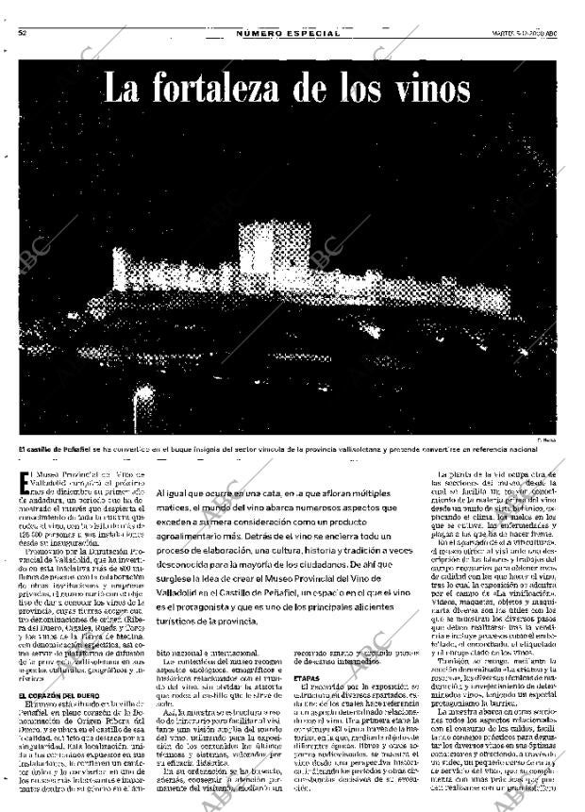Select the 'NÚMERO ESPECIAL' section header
click(288, 33)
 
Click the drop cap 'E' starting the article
click(25, 483)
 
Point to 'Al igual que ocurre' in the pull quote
click(200, 493)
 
